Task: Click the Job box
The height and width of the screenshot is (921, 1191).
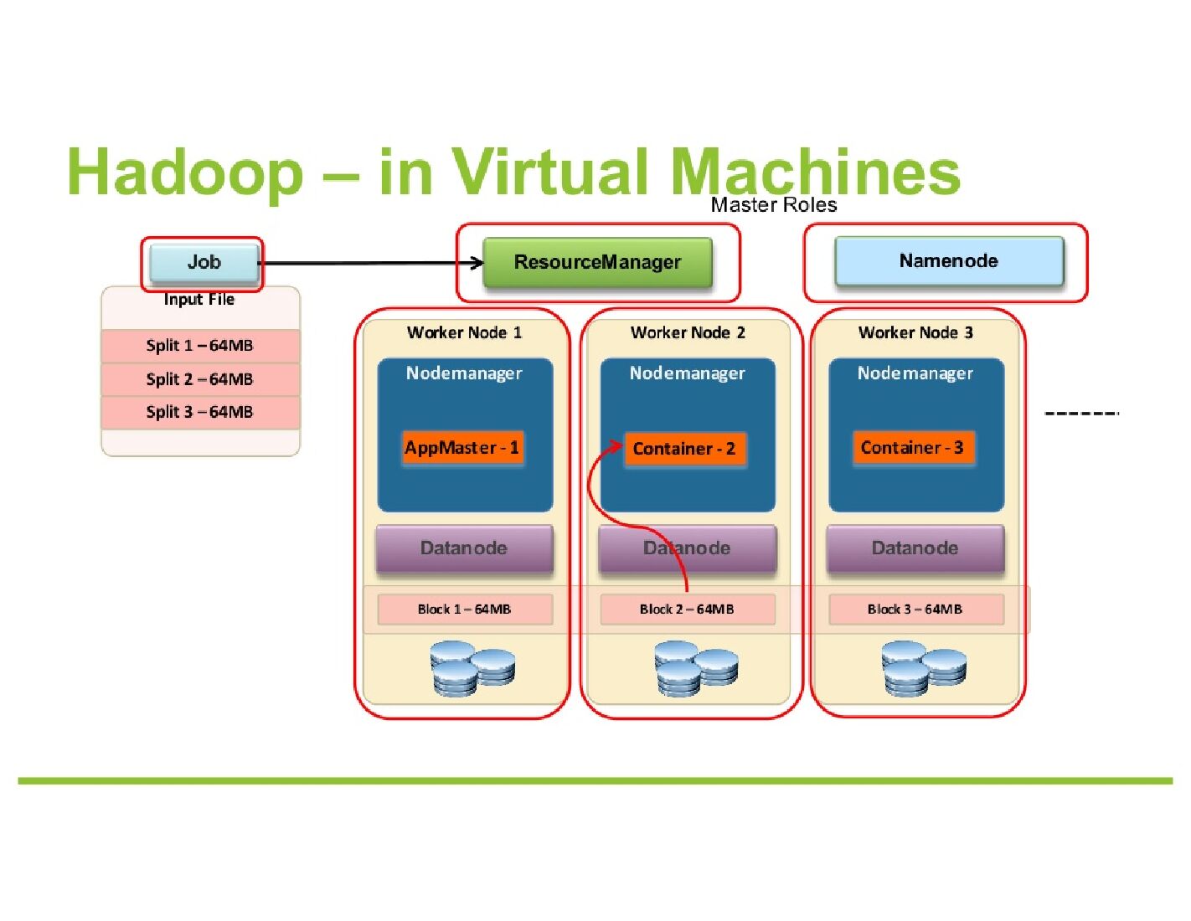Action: tap(204, 263)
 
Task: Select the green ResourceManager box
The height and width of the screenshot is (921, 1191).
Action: tap(597, 263)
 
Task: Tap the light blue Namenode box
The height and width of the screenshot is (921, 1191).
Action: tap(948, 261)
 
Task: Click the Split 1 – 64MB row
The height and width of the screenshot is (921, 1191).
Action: tap(200, 346)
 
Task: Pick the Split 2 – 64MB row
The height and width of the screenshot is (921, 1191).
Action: tap(200, 379)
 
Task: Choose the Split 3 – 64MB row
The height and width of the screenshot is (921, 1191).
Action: tap(200, 412)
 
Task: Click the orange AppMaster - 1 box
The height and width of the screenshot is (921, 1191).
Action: tap(462, 448)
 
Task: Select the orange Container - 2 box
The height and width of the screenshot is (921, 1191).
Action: tap(684, 449)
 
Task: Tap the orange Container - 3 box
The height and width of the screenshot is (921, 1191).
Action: tap(912, 448)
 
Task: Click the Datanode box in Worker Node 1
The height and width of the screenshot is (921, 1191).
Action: tap(464, 548)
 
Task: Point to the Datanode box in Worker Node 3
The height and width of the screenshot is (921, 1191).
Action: tap(915, 548)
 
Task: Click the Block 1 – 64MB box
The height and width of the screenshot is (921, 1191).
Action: tap(465, 610)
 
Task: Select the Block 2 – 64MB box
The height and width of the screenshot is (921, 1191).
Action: tap(687, 610)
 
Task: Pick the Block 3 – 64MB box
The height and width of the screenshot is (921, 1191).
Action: tap(915, 610)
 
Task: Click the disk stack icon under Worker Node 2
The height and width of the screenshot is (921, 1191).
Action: tap(696, 668)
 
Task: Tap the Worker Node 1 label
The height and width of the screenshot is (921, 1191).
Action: tap(464, 332)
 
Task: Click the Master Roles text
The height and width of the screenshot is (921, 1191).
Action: tap(773, 205)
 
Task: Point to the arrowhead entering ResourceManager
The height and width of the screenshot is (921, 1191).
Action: tap(478, 263)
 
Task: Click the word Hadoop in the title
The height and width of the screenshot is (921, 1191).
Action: tap(185, 172)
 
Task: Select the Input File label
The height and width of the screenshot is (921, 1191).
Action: tap(199, 300)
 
